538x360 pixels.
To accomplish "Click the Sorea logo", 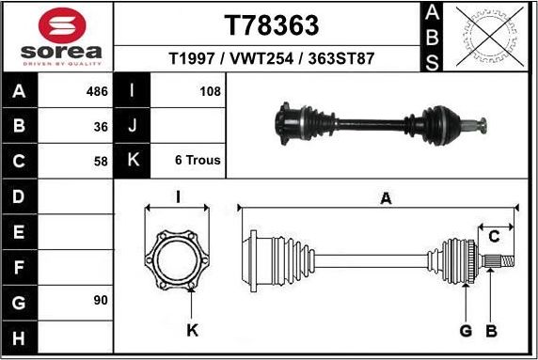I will [x=56, y=38].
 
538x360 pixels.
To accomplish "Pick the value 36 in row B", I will [x=102, y=126].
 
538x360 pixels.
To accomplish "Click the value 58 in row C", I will [x=102, y=161].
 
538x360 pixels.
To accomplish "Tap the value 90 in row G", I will [x=102, y=300].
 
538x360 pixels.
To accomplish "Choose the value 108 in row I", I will [x=210, y=92].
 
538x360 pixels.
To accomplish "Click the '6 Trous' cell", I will [x=198, y=161].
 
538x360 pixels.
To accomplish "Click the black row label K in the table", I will [x=132, y=161].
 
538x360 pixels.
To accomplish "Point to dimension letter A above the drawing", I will [x=385, y=197].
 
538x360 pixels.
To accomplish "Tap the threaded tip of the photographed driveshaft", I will [x=480, y=124].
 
